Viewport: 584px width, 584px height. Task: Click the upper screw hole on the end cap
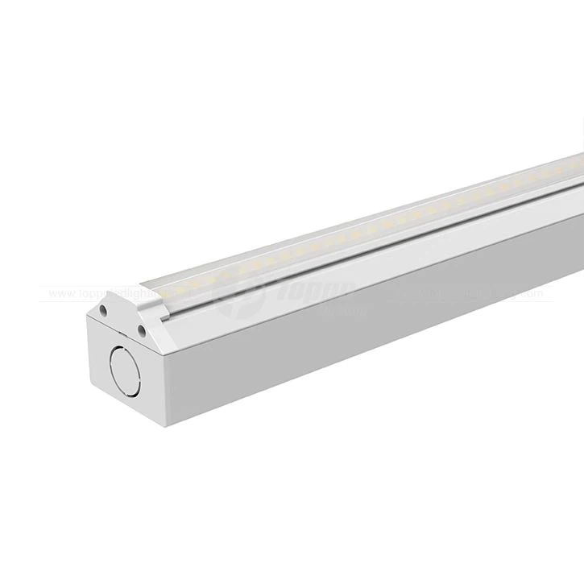click(104, 307)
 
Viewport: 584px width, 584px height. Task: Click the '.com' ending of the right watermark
click(540, 295)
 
